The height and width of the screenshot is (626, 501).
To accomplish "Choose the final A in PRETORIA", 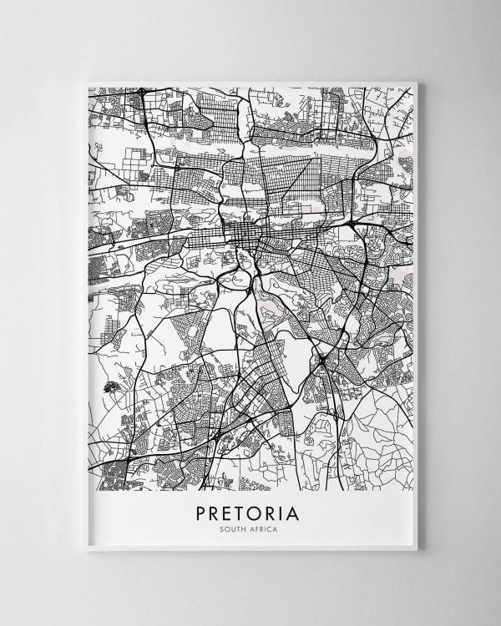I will (x=298, y=510).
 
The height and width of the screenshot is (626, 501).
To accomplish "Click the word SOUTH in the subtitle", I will (x=235, y=528).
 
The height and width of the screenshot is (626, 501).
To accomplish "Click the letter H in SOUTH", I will (x=245, y=528).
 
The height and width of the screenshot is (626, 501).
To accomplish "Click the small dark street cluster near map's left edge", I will (x=109, y=387).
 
